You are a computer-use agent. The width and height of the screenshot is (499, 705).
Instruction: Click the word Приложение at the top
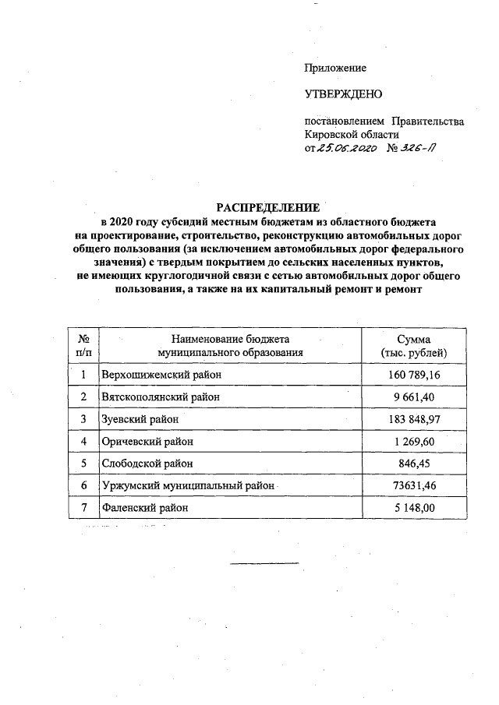click(334, 69)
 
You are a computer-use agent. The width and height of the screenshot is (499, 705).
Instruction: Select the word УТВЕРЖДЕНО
click(343, 95)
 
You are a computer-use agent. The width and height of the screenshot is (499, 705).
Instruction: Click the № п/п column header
click(83, 346)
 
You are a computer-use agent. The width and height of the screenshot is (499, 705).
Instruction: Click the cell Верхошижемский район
click(161, 375)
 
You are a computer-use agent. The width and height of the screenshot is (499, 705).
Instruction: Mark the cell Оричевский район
click(147, 441)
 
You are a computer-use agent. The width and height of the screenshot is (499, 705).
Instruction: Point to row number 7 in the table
click(83, 507)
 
